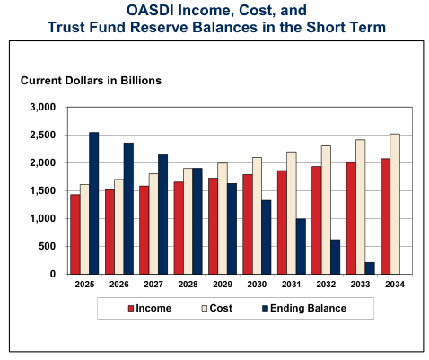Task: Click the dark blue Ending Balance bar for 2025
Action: click(94, 203)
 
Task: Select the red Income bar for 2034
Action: click(385, 216)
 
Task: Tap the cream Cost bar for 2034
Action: click(395, 204)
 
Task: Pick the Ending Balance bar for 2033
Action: click(370, 268)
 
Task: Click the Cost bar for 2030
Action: click(257, 215)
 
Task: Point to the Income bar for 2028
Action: click(179, 228)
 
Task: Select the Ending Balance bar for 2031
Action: click(301, 246)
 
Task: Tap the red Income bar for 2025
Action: click(75, 234)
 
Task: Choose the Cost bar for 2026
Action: click(119, 226)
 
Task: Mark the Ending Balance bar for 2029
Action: click(232, 229)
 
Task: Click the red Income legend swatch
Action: click(130, 309)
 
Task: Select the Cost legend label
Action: click(221, 308)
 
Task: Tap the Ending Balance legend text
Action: click(308, 308)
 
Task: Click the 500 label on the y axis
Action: click(48, 246)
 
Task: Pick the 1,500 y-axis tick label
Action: click(43, 190)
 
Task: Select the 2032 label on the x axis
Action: click(326, 285)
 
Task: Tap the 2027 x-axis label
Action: click(153, 285)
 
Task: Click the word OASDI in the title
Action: click(151, 10)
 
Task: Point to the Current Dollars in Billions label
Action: click(91, 81)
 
